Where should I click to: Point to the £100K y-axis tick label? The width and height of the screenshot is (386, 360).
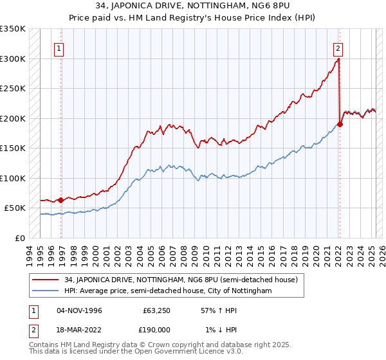point(13,178)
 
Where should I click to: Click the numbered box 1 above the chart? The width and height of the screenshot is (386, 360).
point(59,48)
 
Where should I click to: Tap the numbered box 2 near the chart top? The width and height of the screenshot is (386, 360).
point(338,48)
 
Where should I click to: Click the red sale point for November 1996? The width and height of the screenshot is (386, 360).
point(61,200)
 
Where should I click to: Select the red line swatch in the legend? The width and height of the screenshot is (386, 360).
point(45,280)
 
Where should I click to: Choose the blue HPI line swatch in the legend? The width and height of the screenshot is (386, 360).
point(45,291)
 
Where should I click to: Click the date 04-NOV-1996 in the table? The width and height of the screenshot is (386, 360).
point(79,310)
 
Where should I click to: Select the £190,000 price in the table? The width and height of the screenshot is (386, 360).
point(156,328)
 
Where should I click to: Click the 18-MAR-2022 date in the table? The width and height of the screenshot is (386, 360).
point(79,328)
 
